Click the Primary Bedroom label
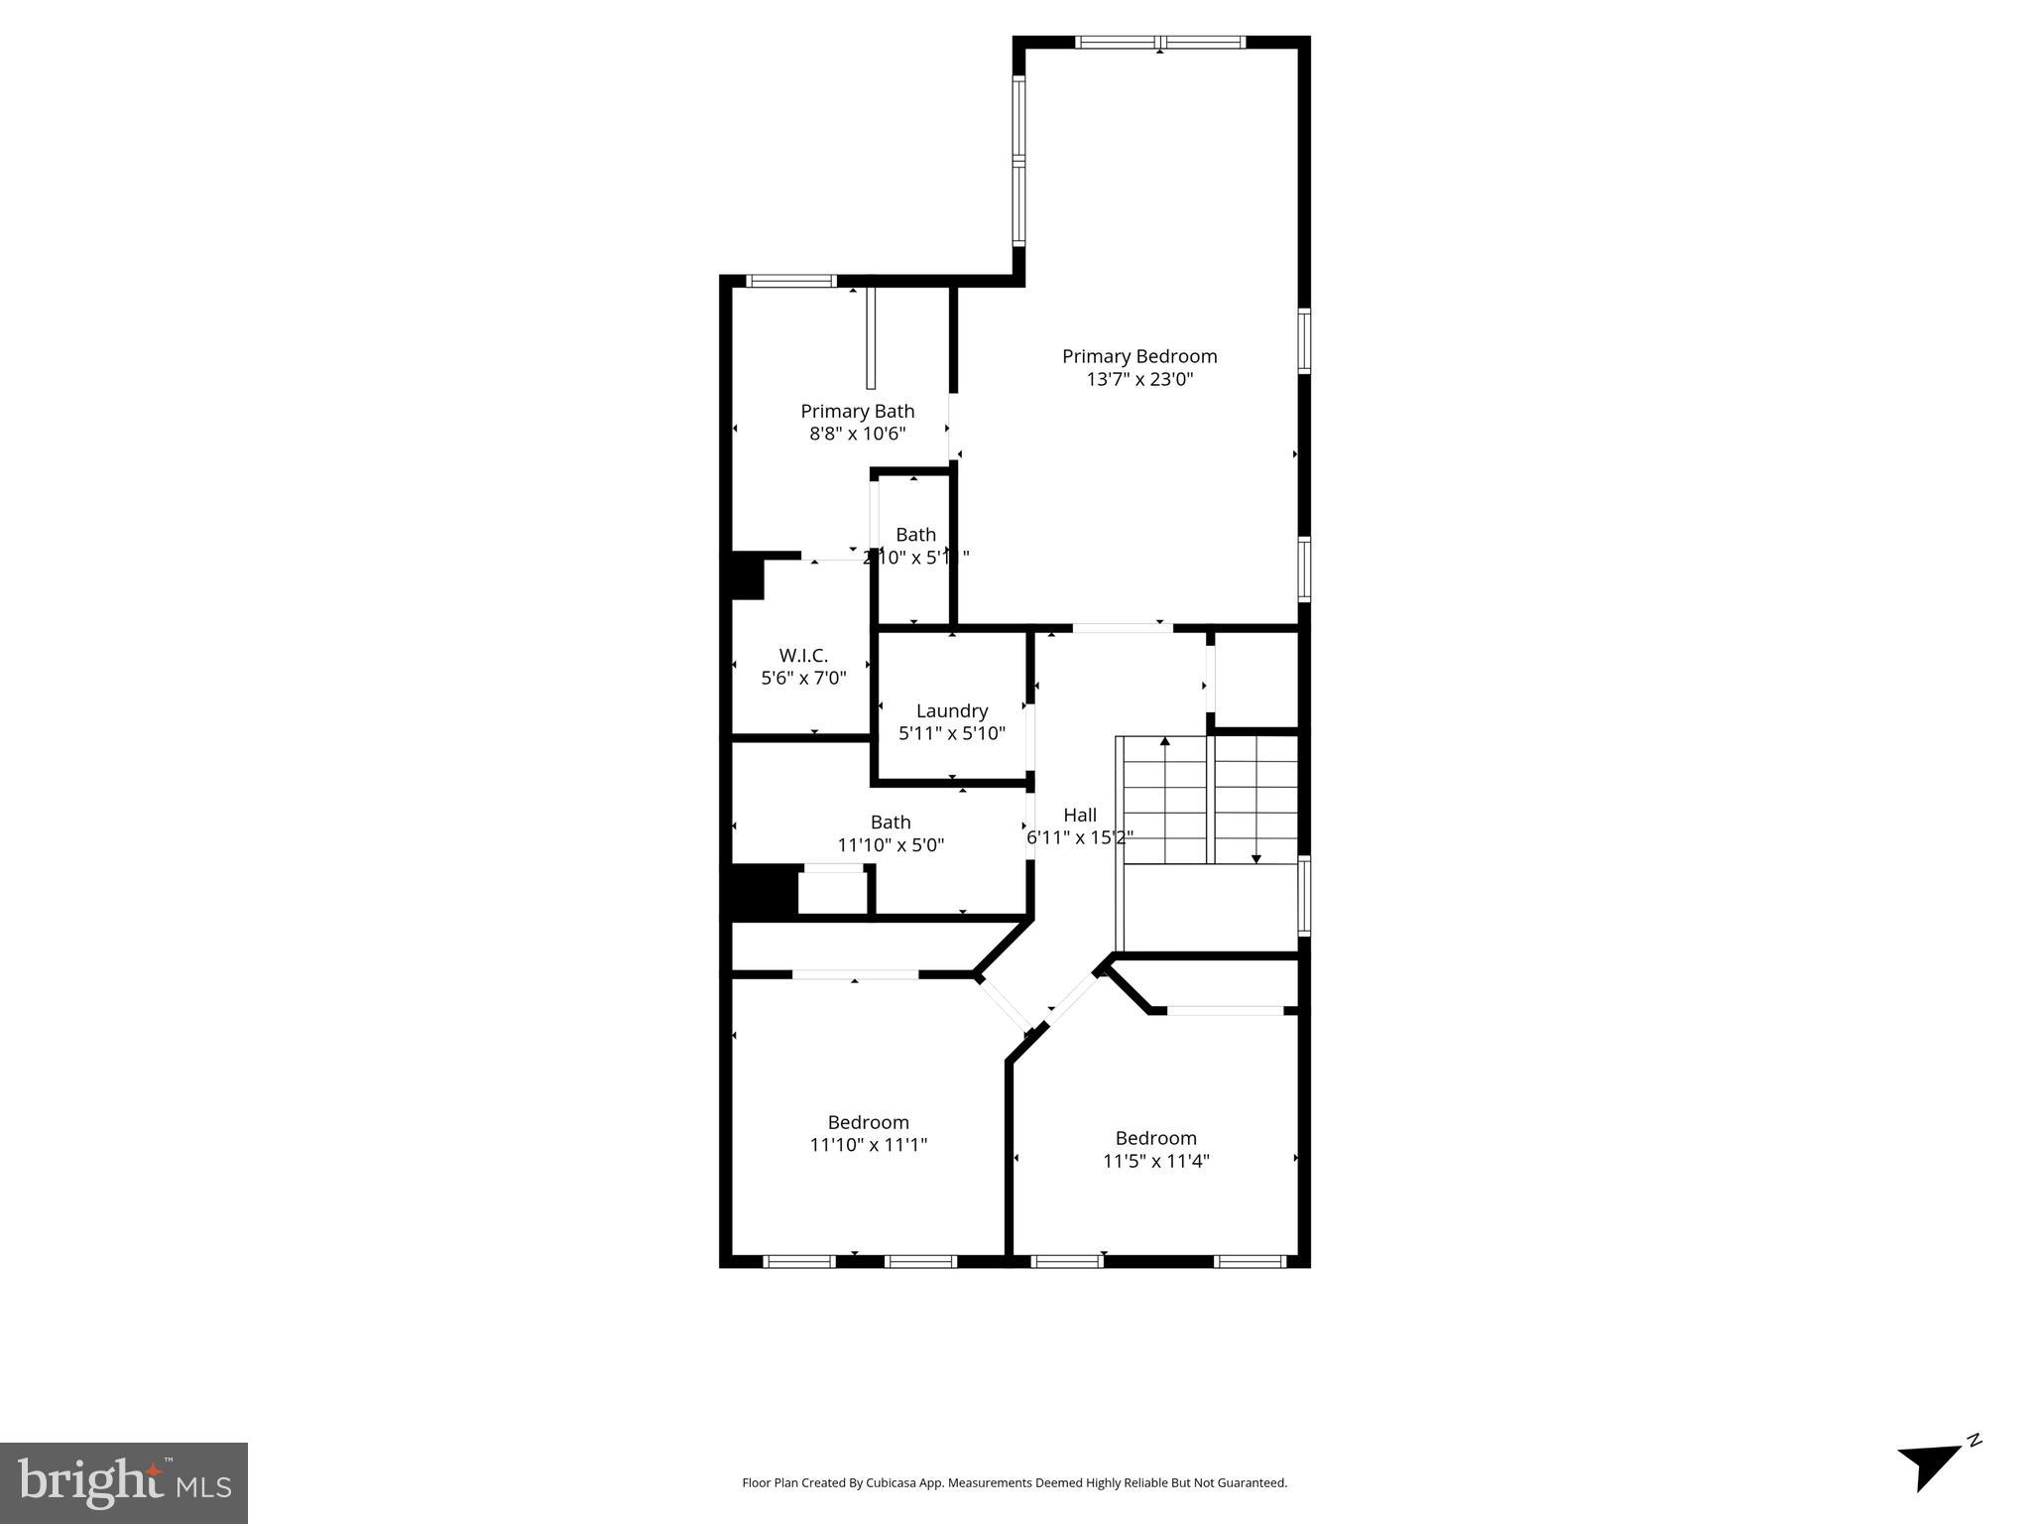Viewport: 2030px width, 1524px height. (1139, 356)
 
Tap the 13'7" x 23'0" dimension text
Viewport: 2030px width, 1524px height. (1139, 379)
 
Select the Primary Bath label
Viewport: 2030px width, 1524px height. (857, 411)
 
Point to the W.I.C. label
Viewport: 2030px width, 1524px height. (803, 656)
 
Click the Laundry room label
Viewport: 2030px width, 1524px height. (951, 711)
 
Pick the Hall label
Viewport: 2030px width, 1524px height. (1080, 815)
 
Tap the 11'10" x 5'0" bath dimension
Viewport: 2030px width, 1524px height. (891, 845)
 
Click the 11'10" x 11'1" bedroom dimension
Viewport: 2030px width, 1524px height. (868, 1145)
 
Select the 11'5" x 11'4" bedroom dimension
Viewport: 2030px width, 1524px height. (1155, 1161)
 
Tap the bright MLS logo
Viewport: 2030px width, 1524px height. (124, 1482)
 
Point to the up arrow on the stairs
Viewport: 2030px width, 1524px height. (1165, 741)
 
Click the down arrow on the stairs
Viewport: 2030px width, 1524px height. (1255, 857)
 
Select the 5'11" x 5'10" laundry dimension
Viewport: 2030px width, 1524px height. (951, 734)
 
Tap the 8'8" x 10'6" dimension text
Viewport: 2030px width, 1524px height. (857, 434)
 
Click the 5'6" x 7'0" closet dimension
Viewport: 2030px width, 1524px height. (803, 679)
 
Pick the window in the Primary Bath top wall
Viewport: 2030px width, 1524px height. (790, 281)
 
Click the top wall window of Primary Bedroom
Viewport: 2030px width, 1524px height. (1160, 42)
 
